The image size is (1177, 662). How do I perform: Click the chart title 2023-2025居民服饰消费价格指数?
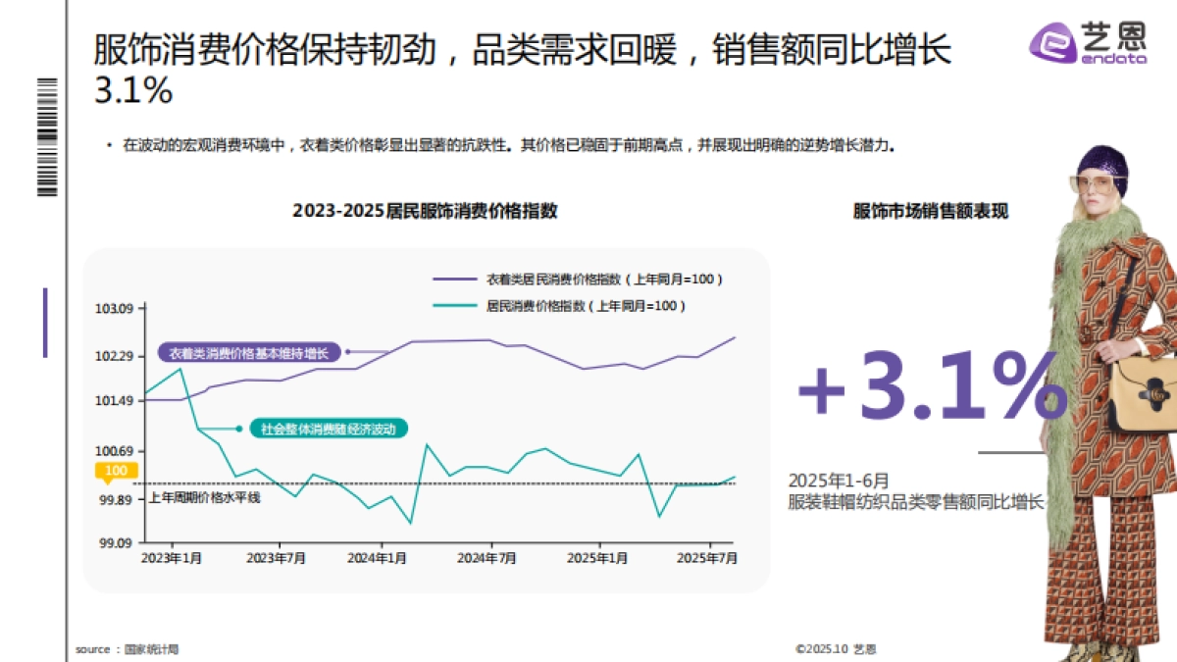coord(425,211)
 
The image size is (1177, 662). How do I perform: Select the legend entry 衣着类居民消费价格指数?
coord(604,280)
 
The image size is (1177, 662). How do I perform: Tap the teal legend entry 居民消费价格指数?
coord(586,306)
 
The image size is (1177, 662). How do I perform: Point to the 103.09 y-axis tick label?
coord(114,309)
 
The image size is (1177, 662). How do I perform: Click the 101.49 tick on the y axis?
coord(114,400)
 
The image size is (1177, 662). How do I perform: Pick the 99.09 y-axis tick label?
coord(114,542)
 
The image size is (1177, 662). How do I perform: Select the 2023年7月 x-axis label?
coord(277,558)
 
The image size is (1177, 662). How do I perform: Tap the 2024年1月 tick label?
coord(378,558)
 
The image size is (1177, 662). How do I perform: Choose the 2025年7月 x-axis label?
coord(708,558)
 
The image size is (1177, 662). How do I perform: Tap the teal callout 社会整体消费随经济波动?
coord(328,429)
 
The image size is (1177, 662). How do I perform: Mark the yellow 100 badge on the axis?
coord(116,472)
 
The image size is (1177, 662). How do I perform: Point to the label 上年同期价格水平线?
coord(205,497)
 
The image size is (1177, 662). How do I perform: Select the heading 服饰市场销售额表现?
coord(930,211)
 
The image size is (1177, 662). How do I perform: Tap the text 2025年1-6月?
coord(839,481)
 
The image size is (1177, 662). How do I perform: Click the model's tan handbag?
coord(1144,392)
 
